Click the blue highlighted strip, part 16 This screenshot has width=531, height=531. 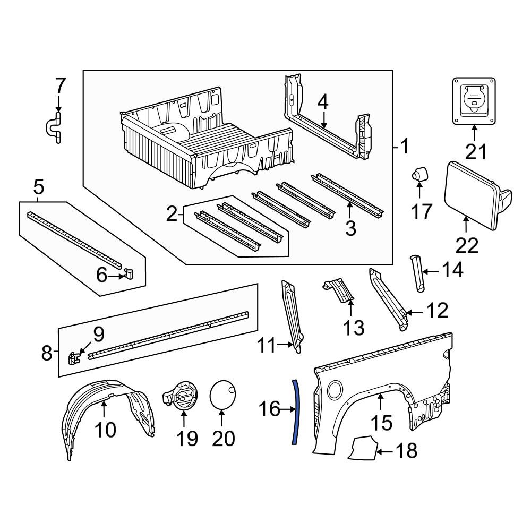(x=294, y=412)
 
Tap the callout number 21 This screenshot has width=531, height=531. (x=476, y=152)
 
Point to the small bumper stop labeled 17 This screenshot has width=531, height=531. (x=419, y=174)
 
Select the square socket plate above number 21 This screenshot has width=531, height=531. (x=476, y=100)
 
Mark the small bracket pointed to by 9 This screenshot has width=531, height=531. (x=74, y=357)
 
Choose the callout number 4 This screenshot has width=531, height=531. (x=323, y=102)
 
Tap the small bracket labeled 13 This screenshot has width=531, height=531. (x=338, y=292)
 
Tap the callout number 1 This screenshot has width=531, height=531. (x=405, y=145)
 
